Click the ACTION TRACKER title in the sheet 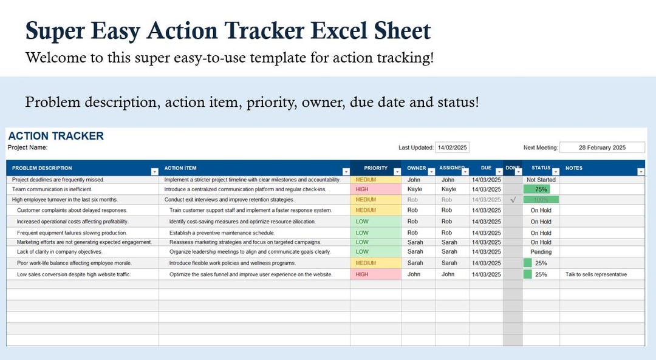(x=56, y=136)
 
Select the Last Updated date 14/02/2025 (x=453, y=148)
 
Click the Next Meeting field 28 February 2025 (x=602, y=148)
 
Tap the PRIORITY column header (x=375, y=168)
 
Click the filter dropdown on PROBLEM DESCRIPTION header (x=154, y=172)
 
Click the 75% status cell (x=541, y=189)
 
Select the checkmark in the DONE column (x=513, y=200)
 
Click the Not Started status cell (x=541, y=180)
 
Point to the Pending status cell (x=541, y=252)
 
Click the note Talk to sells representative (x=596, y=274)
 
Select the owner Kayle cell (x=414, y=189)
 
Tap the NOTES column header (x=573, y=168)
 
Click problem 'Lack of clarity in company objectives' (x=60, y=252)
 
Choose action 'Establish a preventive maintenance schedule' (x=222, y=233)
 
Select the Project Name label (x=27, y=148)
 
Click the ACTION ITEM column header (x=180, y=168)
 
